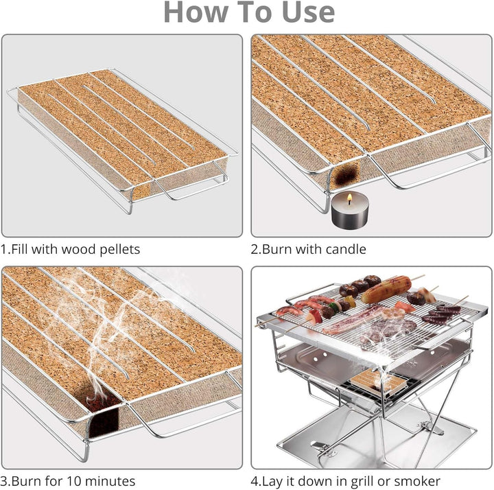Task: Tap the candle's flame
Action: point(349,198)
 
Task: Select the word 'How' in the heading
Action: point(196,12)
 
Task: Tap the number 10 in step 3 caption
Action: point(74,481)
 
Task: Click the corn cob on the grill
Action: point(386,289)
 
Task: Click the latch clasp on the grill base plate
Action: point(322,447)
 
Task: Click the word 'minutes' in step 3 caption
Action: point(110,481)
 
